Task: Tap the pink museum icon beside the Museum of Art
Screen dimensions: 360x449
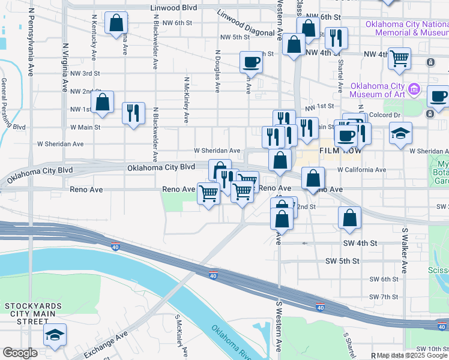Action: (x=414, y=90)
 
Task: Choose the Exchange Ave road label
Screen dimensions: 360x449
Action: (x=106, y=344)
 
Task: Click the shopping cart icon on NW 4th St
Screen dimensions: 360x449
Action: (x=399, y=58)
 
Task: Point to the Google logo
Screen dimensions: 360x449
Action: (x=20, y=353)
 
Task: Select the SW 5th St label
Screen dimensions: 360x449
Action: (x=342, y=261)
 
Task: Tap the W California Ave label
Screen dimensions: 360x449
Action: (x=361, y=170)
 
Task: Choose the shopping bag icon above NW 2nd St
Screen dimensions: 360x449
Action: (x=103, y=103)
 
